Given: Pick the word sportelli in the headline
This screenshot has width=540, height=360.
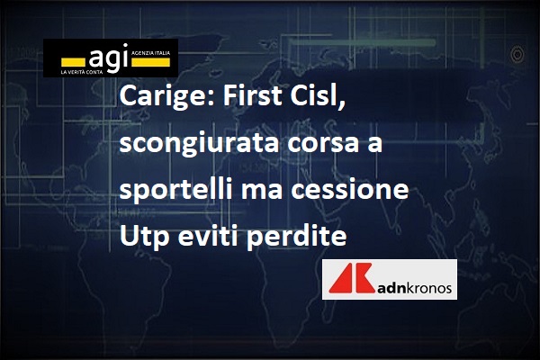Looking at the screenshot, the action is coord(176,190).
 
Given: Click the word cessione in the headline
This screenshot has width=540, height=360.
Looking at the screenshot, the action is coord(349,190).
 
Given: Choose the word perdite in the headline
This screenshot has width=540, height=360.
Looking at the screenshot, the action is coord(296,237).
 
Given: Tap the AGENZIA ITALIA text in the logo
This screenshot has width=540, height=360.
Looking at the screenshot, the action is coord(151,53).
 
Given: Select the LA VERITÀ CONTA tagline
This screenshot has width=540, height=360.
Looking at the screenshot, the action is coord(81,72).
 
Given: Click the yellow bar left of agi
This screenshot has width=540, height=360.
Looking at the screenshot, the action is coord(73,62).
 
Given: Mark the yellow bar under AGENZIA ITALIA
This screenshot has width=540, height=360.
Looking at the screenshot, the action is coord(151,62).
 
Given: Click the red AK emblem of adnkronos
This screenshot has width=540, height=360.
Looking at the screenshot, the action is coord(351,278).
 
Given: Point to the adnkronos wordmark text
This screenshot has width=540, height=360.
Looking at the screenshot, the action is coord(414,288).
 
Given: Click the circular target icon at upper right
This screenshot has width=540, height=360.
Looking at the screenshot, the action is coord(517,54).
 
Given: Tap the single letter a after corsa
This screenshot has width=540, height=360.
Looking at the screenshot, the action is coord(374,145).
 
